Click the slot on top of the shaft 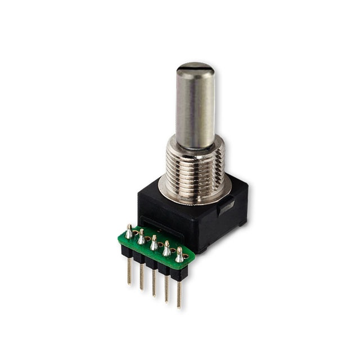(194, 69)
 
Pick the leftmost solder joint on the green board (129, 231)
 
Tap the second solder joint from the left (141, 236)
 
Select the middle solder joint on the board (154, 242)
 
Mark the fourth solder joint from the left (166, 248)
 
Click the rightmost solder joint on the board (179, 255)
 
